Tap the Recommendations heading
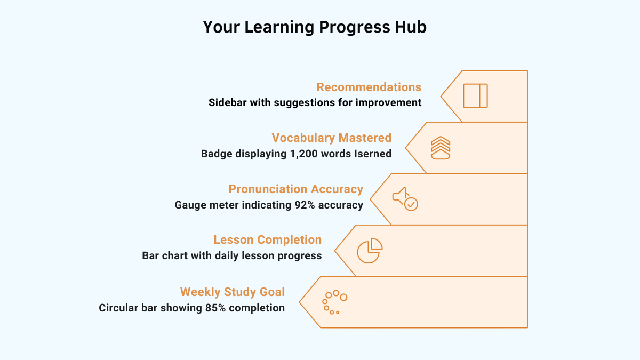[369, 87]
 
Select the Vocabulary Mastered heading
[331, 138]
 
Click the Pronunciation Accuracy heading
[295, 189]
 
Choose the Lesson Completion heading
[267, 239]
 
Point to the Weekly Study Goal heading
[232, 292]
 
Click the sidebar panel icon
[475, 96]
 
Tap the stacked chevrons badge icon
[441, 148]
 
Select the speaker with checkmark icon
[405, 198]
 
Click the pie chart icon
[369, 250]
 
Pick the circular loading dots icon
[334, 302]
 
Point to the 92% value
[303, 205]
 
